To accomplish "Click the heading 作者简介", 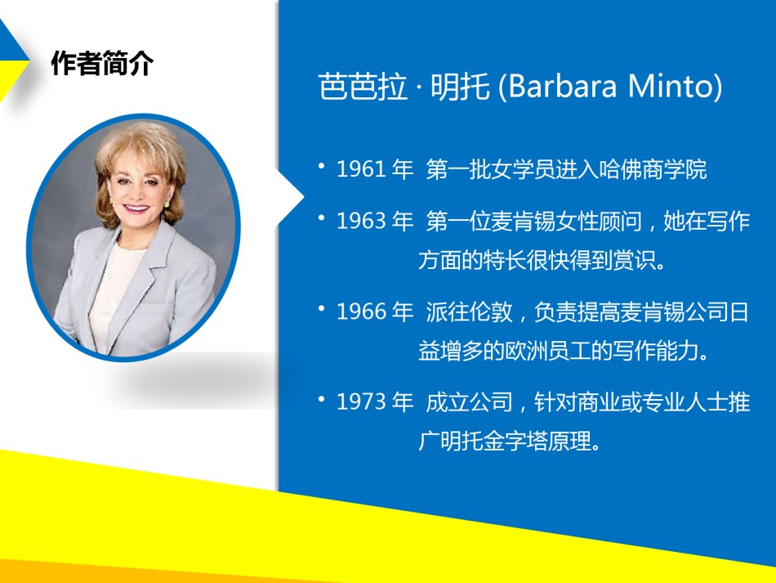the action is (x=102, y=64).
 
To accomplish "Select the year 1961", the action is (x=361, y=169).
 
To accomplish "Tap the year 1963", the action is (x=361, y=221).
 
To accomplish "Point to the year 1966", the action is (x=361, y=312).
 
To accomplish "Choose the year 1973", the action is (x=361, y=401).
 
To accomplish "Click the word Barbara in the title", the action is (x=562, y=86).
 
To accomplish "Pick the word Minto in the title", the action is (x=671, y=86).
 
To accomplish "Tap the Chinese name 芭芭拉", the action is (x=363, y=87).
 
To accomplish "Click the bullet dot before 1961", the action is (x=322, y=166).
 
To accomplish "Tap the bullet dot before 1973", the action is (x=322, y=398).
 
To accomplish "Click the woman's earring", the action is (x=167, y=203).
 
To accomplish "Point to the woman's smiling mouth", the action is (x=135, y=208).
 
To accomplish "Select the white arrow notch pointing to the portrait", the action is (x=292, y=197).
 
